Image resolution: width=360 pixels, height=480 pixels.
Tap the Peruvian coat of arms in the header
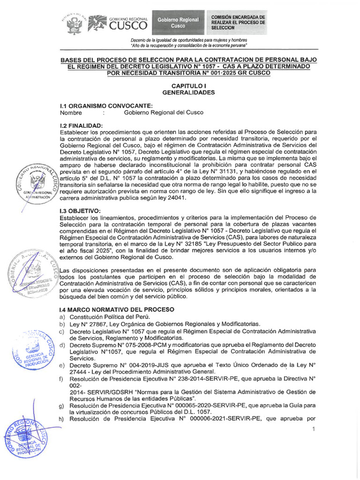pos(73,23)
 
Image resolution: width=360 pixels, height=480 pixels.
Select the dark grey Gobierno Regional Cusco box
pos(178,22)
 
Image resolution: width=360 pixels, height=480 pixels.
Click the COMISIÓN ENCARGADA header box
pos(238,22)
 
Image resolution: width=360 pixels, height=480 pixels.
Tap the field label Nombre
pos(71,113)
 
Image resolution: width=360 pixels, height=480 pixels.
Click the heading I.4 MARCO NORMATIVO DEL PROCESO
pos(117,309)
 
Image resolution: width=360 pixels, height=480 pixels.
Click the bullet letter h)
pos(62,419)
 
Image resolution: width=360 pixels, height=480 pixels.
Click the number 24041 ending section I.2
pos(172,198)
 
